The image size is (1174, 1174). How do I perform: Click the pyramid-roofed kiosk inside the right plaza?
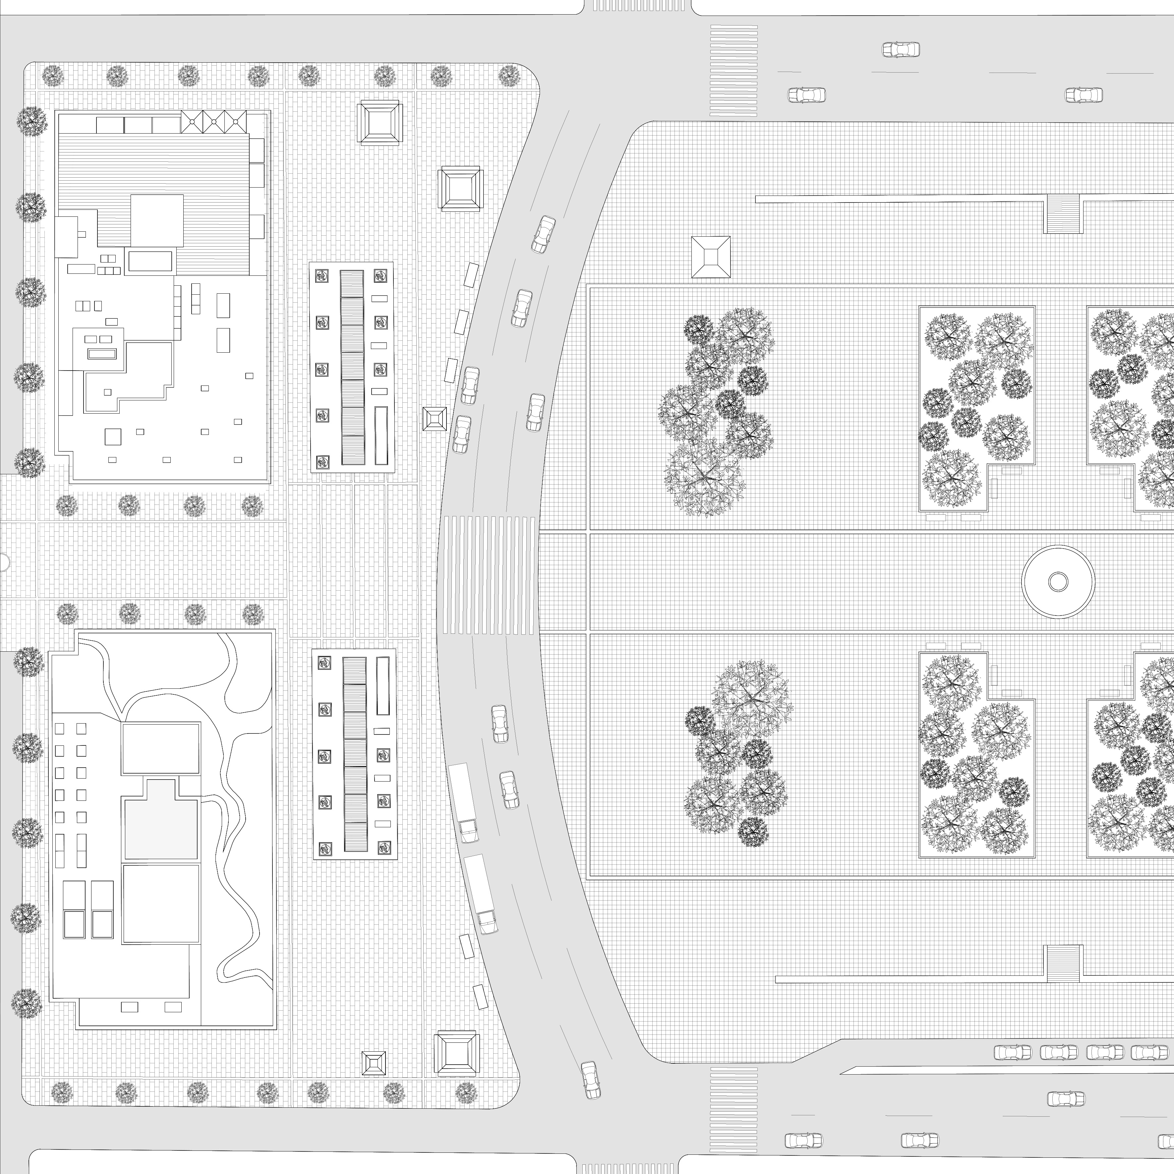click(x=710, y=257)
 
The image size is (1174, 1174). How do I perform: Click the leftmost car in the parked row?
click(x=1012, y=1001)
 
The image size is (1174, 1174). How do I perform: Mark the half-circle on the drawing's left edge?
click(x=3, y=562)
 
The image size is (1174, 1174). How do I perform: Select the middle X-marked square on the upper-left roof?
click(x=214, y=122)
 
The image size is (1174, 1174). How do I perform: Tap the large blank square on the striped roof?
click(x=157, y=221)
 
